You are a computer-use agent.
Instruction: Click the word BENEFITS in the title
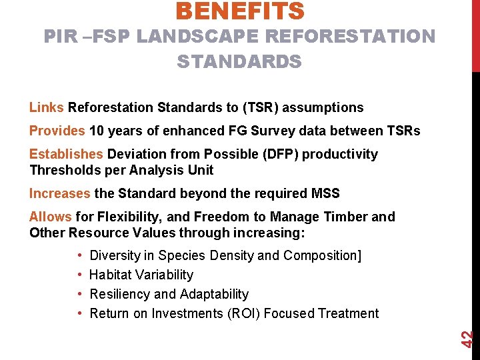point(240,11)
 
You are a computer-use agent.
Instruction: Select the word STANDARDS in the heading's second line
point(239,62)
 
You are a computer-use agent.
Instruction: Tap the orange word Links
point(47,107)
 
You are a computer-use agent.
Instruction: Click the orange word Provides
point(57,131)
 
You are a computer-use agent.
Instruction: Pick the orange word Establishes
point(66,154)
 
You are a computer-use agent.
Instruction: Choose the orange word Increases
point(59,193)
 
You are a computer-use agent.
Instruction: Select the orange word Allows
point(51,217)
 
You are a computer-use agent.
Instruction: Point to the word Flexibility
point(129,217)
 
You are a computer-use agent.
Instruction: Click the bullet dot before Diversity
point(80,255)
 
